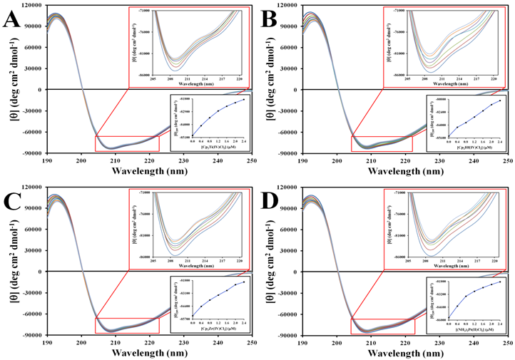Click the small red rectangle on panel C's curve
click(127, 325)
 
